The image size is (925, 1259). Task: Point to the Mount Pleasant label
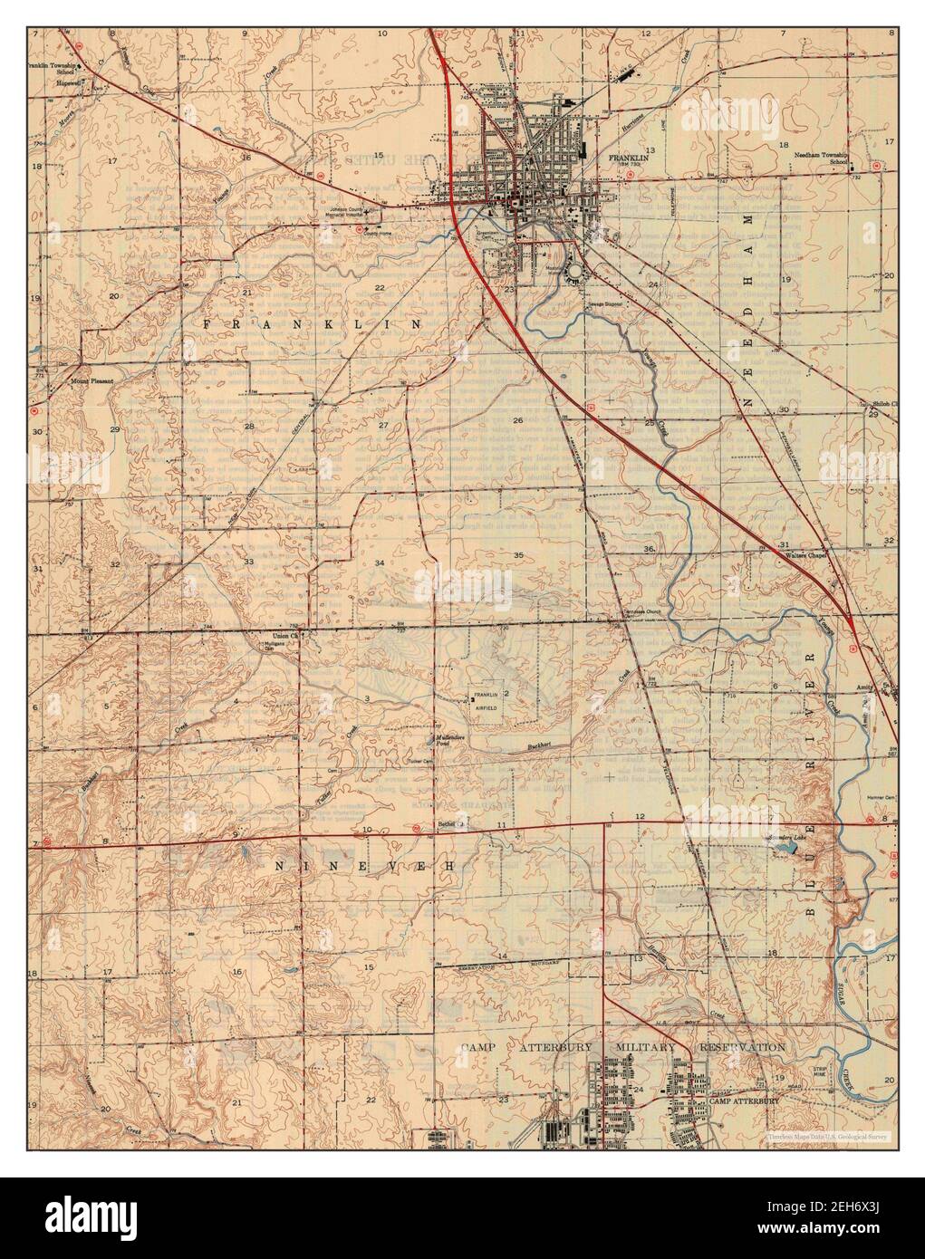tap(92, 381)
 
